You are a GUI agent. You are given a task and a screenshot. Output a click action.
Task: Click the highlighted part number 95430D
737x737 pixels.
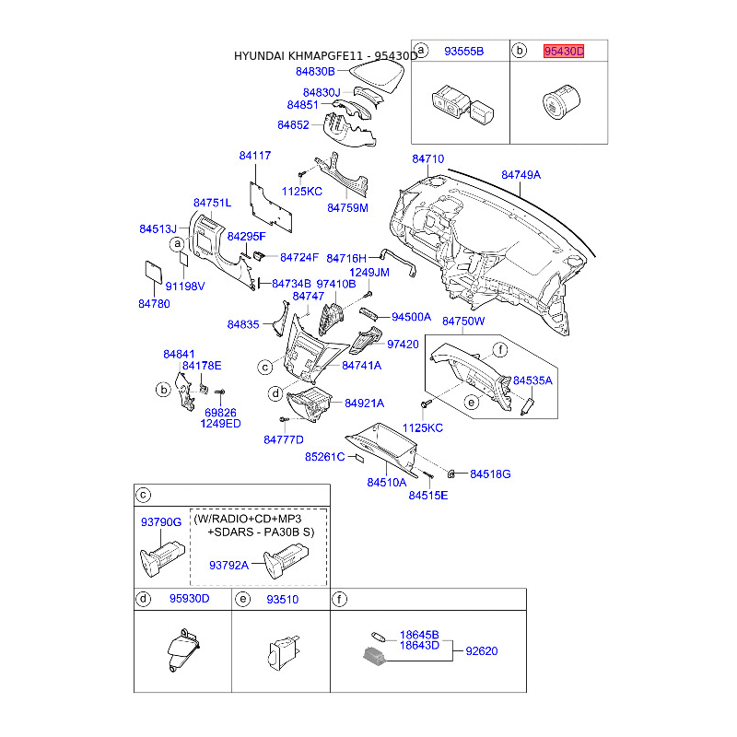point(564,52)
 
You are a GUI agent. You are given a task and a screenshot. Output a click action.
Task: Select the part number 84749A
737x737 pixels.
point(521,174)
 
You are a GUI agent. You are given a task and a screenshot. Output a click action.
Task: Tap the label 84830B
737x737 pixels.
point(315,71)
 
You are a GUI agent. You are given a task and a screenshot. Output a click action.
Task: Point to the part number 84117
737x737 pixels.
point(255,157)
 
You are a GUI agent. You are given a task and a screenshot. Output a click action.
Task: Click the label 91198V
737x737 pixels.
point(185,286)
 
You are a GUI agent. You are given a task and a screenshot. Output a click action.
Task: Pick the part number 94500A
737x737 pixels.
point(411,316)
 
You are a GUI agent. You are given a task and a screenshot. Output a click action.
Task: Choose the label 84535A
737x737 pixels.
point(532,380)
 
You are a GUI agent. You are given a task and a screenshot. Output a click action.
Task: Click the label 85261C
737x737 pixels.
point(324,456)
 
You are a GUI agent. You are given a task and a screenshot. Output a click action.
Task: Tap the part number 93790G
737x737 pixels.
point(160,521)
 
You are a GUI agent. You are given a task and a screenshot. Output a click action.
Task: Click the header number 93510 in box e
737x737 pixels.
point(283,599)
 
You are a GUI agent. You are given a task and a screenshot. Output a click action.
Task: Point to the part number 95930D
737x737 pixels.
point(189,599)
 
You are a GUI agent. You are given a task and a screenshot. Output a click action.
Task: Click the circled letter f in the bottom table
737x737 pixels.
point(340,599)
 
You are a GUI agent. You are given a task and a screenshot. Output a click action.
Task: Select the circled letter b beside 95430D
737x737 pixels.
point(520,52)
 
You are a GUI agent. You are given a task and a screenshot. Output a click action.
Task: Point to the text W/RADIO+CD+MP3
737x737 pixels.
point(248,520)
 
